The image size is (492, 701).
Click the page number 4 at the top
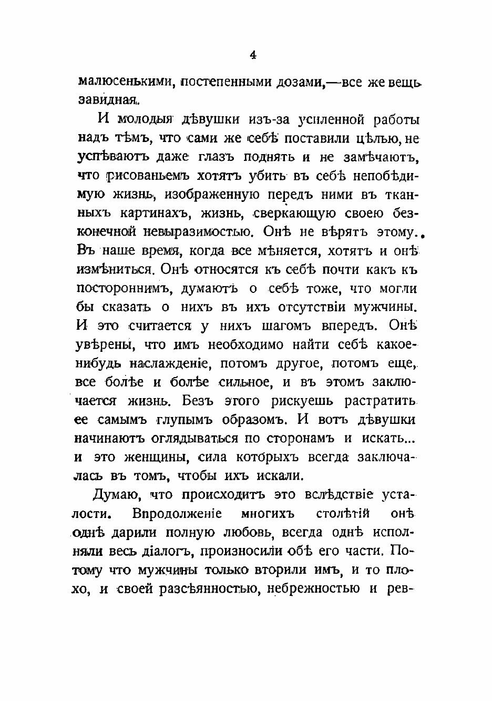point(253,55)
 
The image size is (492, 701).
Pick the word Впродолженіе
point(177,513)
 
